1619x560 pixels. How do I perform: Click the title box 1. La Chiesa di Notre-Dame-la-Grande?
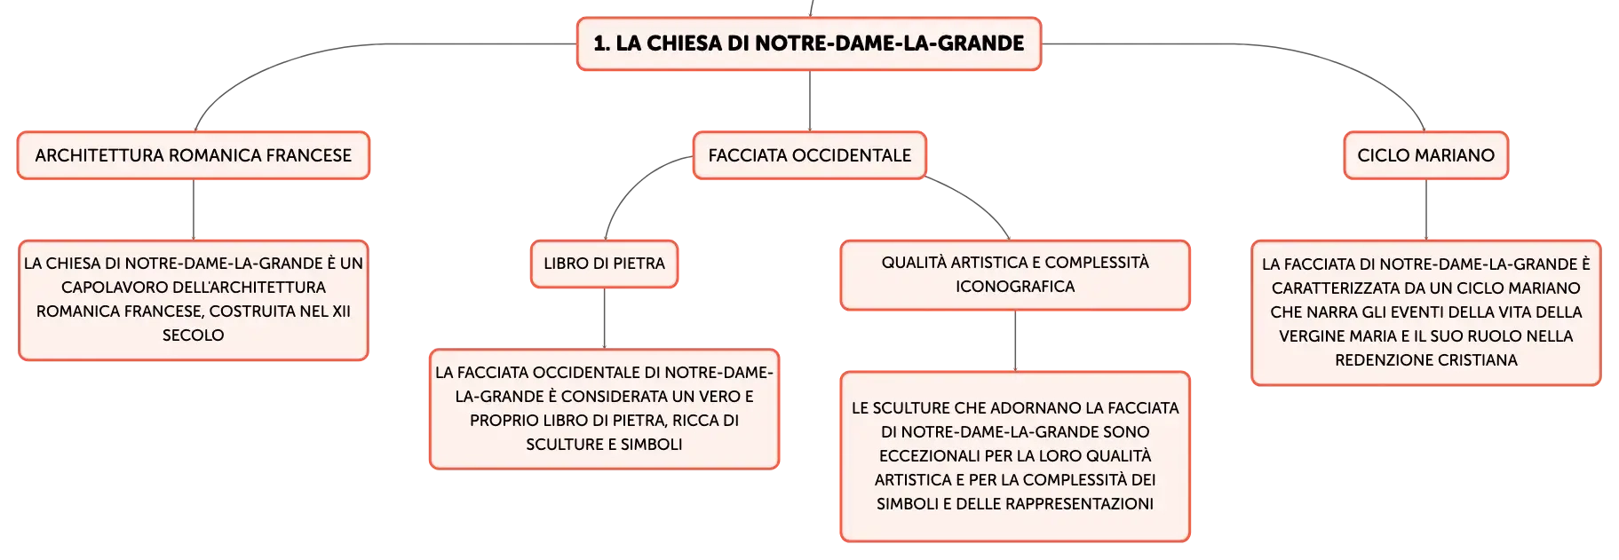point(809,43)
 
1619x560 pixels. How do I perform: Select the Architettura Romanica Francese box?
point(194,155)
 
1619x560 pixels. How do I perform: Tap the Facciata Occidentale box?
point(810,155)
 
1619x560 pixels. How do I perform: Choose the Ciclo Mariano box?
point(1426,155)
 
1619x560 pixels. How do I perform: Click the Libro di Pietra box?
point(605,264)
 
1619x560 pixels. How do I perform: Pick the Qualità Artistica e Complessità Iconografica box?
point(1015,275)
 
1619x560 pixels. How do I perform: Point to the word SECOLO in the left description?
point(193,335)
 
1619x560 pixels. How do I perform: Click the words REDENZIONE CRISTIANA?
point(1426,360)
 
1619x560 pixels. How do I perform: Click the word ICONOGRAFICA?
point(1015,287)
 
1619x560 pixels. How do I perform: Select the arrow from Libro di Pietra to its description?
point(605,319)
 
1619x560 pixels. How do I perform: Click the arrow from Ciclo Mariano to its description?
point(1426,210)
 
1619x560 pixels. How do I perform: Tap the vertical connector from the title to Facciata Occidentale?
point(810,101)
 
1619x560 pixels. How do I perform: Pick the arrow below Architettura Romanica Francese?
point(194,210)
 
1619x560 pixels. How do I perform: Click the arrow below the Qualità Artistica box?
point(1015,342)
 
